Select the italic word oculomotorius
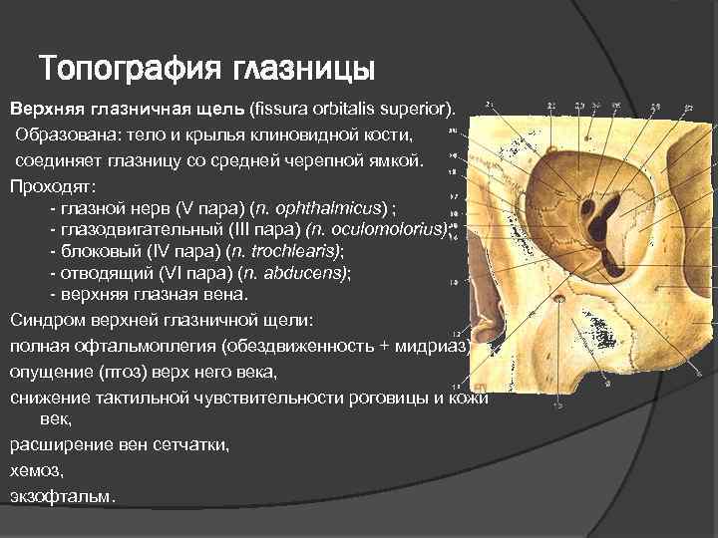393,230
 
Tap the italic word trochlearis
296,251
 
